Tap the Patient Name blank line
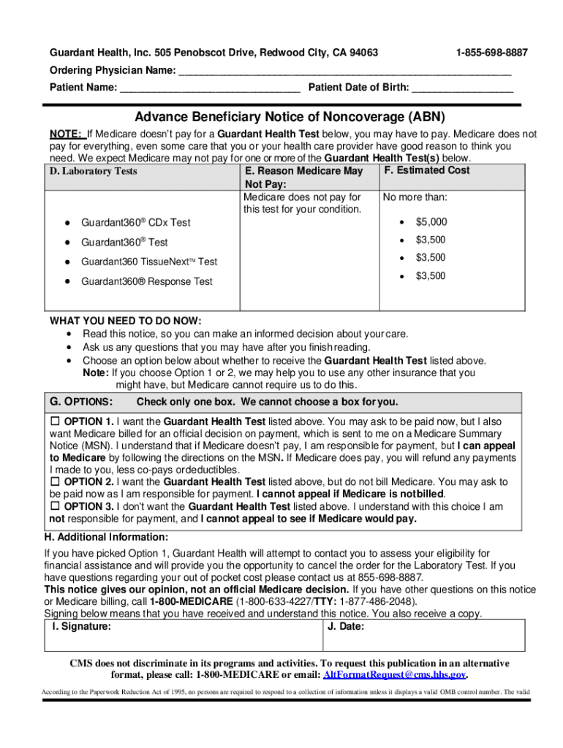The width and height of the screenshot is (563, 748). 210,89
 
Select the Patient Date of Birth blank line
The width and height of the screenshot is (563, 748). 462,89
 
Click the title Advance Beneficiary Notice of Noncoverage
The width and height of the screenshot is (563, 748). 290,118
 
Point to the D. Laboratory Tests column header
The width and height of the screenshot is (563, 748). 93,172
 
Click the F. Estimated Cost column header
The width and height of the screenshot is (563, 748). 426,170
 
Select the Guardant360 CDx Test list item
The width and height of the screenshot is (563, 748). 135,223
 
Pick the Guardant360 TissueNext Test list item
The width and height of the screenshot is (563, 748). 148,262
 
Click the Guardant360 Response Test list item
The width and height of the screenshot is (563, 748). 146,281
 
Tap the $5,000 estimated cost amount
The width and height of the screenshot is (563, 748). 431,222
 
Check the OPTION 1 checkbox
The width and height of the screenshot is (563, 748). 55,421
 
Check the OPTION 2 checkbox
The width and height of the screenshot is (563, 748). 55,482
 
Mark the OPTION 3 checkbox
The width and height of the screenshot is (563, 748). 55,506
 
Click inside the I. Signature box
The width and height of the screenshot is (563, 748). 183,637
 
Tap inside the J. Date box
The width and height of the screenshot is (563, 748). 424,637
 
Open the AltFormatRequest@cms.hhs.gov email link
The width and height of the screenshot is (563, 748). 394,674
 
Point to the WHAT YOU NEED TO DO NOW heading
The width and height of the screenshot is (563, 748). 125,321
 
